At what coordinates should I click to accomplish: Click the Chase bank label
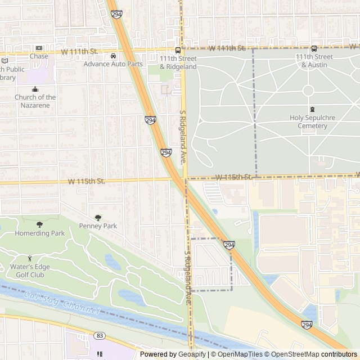tap(39, 56)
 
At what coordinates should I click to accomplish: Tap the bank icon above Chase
tap(39, 48)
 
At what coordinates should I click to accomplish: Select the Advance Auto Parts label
tap(113, 64)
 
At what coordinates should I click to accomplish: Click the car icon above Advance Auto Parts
tap(113, 56)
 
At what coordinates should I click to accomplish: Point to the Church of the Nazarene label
tap(35, 101)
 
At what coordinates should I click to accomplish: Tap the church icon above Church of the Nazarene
tap(35, 89)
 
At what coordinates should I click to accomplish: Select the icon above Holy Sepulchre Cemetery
tap(312, 110)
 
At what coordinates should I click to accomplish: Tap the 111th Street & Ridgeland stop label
tap(178, 62)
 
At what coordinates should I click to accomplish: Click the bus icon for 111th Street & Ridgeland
tap(178, 49)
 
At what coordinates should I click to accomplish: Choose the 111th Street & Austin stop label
tap(314, 61)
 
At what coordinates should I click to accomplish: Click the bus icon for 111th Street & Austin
tap(314, 48)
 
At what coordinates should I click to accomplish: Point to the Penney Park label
tap(98, 226)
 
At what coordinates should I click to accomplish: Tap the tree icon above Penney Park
tap(98, 218)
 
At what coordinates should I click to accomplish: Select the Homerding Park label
tap(39, 233)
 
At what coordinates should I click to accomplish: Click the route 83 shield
tap(100, 336)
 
